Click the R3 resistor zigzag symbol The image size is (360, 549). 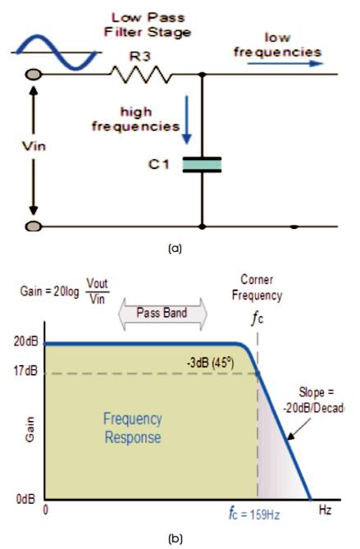pyautogui.click(x=141, y=74)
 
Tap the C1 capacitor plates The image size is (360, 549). pyautogui.click(x=202, y=165)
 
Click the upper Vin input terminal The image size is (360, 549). pyautogui.click(x=34, y=74)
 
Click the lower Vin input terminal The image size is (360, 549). pyautogui.click(x=34, y=226)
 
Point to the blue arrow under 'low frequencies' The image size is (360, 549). pyautogui.click(x=285, y=63)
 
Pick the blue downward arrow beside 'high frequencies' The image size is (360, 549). pyautogui.click(x=187, y=120)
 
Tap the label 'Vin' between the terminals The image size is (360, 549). pyautogui.click(x=34, y=146)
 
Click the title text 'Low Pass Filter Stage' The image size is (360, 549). pyautogui.click(x=148, y=25)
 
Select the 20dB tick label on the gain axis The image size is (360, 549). pyautogui.click(x=25, y=341)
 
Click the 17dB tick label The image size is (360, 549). pyautogui.click(x=25, y=370)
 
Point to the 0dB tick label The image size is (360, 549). pyautogui.click(x=25, y=499)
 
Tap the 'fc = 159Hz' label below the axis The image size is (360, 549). pyautogui.click(x=253, y=514)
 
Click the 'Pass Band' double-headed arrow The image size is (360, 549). pyautogui.click(x=162, y=313)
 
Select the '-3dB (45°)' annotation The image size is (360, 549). pyautogui.click(x=210, y=363)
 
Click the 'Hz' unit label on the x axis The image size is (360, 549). pyautogui.click(x=325, y=510)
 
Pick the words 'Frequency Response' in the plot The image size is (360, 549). pyautogui.click(x=133, y=428)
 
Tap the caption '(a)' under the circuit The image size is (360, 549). pyautogui.click(x=175, y=249)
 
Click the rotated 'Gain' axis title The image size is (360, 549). pyautogui.click(x=30, y=430)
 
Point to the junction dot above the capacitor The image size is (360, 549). pyautogui.click(x=202, y=74)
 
